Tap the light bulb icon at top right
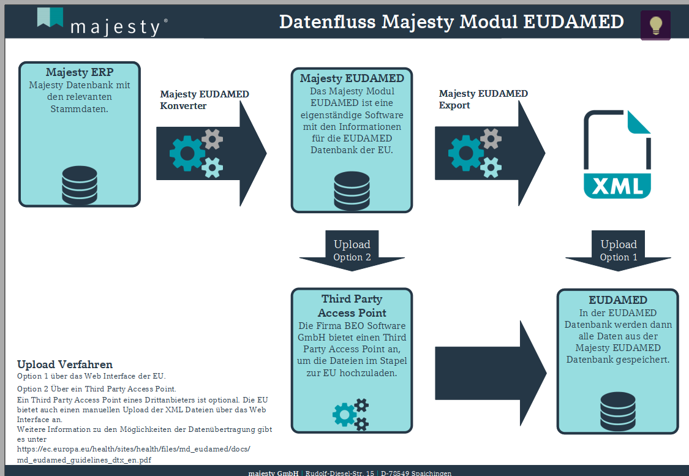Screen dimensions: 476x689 tap(655, 25)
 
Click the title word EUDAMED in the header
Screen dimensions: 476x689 tap(573, 21)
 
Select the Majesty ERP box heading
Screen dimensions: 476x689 tap(80, 72)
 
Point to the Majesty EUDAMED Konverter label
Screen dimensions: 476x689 tap(204, 100)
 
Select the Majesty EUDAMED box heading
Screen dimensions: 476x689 tap(352, 78)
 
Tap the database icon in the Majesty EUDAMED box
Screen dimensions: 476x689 tap(352, 191)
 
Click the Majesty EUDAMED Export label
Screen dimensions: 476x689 tap(483, 99)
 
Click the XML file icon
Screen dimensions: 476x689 tap(617, 154)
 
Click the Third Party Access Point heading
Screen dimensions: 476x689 tap(352, 306)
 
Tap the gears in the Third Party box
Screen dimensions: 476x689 tap(351, 414)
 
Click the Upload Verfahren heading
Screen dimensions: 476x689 tap(65, 365)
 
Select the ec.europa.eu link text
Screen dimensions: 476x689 tap(134, 449)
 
